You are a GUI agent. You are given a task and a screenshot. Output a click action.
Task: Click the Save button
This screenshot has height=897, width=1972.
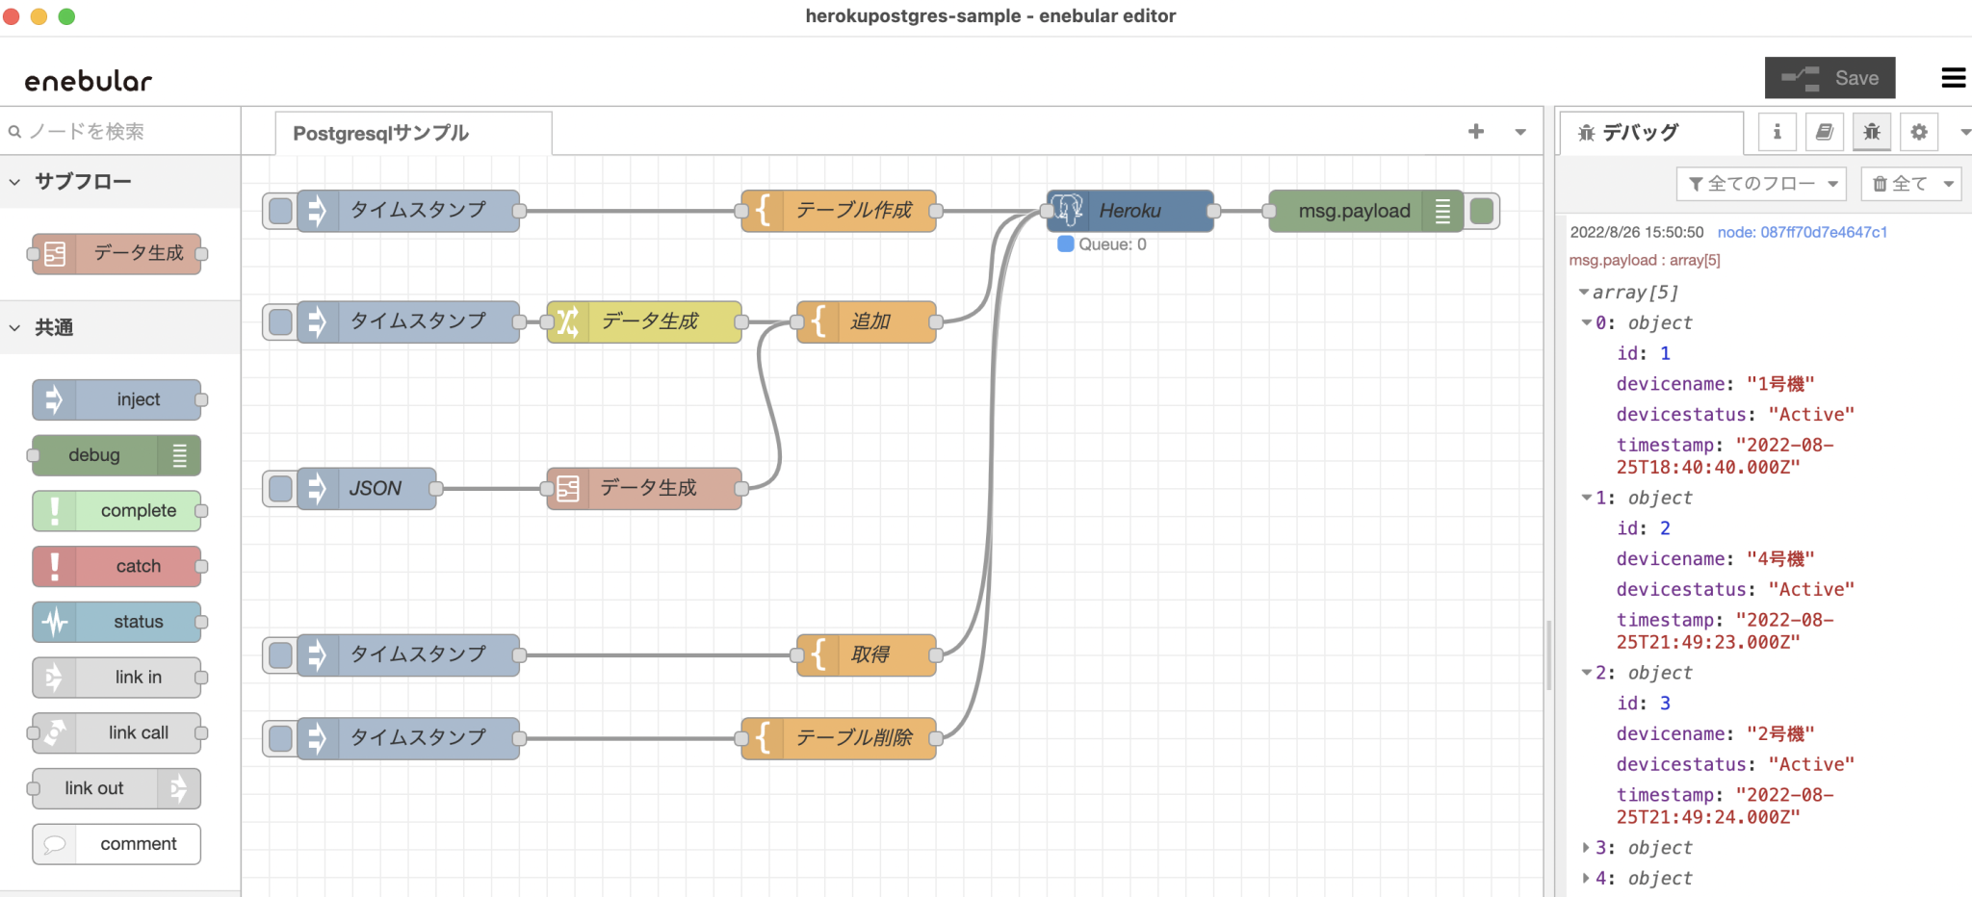coord(1829,78)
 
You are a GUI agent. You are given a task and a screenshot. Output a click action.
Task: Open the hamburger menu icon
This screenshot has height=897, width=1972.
coord(1953,78)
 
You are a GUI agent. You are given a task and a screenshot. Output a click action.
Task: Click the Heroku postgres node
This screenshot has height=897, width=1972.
coord(1130,211)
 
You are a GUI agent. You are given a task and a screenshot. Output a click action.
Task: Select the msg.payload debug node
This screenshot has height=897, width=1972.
coord(1353,211)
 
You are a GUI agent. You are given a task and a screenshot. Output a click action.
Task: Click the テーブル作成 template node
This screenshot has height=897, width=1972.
coord(852,211)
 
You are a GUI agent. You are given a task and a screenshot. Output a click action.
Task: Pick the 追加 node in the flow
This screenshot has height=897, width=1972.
coord(869,321)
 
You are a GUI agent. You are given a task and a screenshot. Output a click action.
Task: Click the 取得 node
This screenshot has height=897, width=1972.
coord(869,654)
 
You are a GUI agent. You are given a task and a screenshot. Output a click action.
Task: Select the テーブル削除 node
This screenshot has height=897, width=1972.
coord(852,738)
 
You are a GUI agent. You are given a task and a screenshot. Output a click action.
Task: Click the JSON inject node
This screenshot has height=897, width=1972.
coord(375,489)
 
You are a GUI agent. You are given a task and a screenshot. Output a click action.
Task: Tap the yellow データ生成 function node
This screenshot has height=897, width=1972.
coord(649,321)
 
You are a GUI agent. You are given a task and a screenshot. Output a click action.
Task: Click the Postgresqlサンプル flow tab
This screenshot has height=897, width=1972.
coord(381,133)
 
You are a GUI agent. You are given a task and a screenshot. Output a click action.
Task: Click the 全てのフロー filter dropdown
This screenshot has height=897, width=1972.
coord(1761,184)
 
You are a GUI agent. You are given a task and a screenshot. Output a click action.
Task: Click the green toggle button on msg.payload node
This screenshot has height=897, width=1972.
coord(1482,211)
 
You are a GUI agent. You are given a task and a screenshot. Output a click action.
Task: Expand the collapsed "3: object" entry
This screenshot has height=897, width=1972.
coord(1586,848)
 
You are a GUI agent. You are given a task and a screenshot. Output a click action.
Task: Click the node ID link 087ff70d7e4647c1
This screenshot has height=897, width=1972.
coord(1802,232)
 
